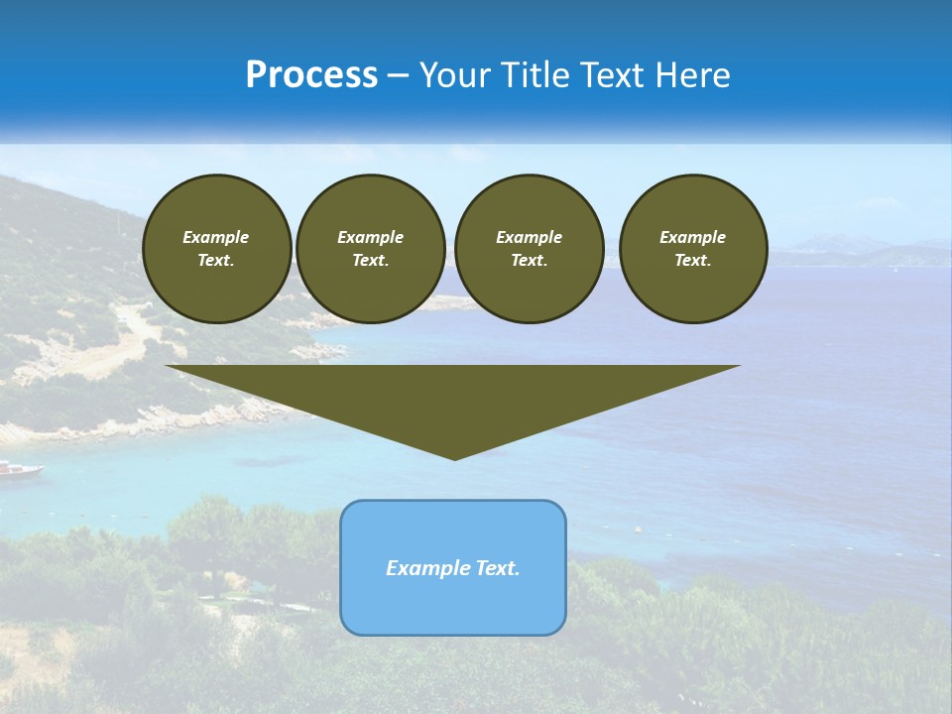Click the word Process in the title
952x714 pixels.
pyautogui.click(x=311, y=75)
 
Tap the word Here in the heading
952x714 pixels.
pyautogui.click(x=691, y=75)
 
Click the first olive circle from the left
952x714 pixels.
pyautogui.click(x=216, y=248)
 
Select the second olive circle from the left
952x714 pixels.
pyautogui.click(x=370, y=248)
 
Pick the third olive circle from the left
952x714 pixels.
pyautogui.click(x=529, y=248)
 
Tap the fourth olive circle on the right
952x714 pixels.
pyautogui.click(x=693, y=248)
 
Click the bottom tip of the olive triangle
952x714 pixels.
pyautogui.click(x=454, y=457)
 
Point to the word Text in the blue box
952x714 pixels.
pyautogui.click(x=498, y=568)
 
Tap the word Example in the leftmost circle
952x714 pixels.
pyautogui.click(x=216, y=237)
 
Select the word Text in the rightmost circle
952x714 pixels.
pyautogui.click(x=692, y=260)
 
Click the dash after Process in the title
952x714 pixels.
pyautogui.click(x=399, y=75)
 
